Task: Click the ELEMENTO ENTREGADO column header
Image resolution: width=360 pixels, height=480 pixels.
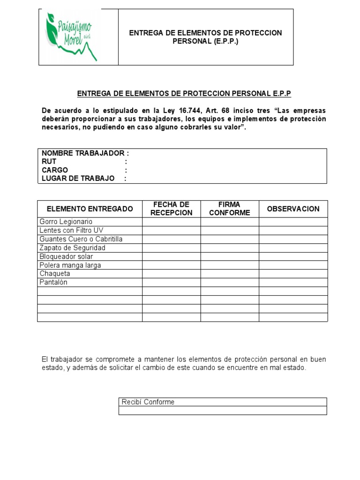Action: coord(90,209)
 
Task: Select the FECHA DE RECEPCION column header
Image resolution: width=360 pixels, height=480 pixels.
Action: coord(171,209)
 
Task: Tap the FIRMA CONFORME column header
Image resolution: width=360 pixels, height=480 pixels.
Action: coord(230,209)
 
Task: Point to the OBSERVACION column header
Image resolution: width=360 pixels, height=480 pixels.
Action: coord(293,209)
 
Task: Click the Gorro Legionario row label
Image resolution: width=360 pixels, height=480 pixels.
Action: coord(66,222)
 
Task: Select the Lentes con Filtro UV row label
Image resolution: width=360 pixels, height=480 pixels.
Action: coord(72,230)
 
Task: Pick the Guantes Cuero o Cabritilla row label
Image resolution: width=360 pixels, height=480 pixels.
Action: coord(81,239)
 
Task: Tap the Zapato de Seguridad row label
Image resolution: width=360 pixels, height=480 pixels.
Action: coord(73,247)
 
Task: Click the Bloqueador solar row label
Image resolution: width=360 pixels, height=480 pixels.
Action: coord(67,256)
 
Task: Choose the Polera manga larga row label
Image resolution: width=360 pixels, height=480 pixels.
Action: coord(70,265)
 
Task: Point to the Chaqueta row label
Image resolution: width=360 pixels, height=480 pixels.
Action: coord(55,274)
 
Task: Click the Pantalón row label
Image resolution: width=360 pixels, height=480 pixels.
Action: coord(54,282)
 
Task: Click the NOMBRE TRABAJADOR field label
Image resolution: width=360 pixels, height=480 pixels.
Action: coord(85,153)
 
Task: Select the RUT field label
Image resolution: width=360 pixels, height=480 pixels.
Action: coord(49,162)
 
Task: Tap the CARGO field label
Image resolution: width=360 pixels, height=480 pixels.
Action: coord(55,170)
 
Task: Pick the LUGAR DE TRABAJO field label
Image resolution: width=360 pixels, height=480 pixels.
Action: coord(78,179)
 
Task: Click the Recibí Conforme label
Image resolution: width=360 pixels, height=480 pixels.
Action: coord(148,402)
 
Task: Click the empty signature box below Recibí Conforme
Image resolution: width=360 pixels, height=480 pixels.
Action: coord(223,411)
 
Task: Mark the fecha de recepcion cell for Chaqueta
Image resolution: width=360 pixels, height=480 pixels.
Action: coord(171,274)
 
